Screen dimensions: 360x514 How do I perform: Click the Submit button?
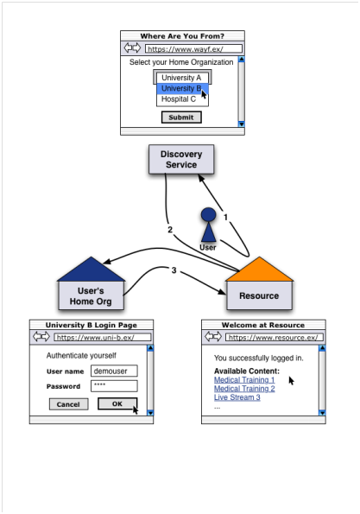pyautogui.click(x=181, y=117)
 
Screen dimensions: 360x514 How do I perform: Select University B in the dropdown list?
pyautogui.click(x=182, y=88)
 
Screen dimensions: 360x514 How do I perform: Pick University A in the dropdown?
pyautogui.click(x=182, y=78)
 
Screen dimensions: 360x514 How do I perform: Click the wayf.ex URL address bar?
pyautogui.click(x=194, y=49)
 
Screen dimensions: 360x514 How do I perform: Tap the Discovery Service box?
pyautogui.click(x=181, y=159)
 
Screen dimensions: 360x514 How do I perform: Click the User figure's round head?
pyautogui.click(x=208, y=214)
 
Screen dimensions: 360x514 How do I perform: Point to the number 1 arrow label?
pyautogui.click(x=225, y=217)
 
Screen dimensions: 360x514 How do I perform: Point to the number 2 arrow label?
pyautogui.click(x=170, y=230)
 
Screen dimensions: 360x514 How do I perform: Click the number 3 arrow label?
pyautogui.click(x=174, y=270)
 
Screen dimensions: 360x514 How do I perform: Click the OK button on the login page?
pyautogui.click(x=117, y=404)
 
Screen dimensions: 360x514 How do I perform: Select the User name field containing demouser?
pyautogui.click(x=114, y=371)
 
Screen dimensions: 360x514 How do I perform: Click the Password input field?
pyautogui.click(x=114, y=386)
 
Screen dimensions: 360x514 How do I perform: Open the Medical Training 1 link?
pyautogui.click(x=244, y=380)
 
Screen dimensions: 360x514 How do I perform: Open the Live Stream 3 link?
pyautogui.click(x=237, y=397)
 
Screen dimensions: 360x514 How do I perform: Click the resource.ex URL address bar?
pyautogui.click(x=275, y=337)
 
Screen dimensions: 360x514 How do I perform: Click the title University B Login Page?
pyautogui.click(x=91, y=325)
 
